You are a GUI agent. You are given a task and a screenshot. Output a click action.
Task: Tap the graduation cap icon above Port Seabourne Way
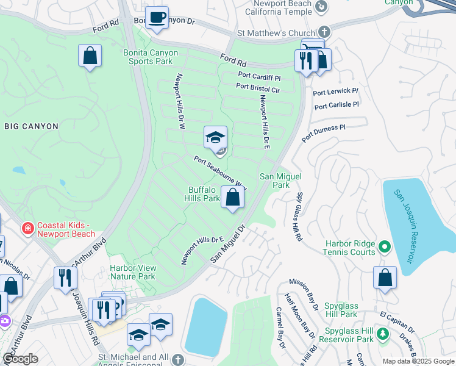click(x=215, y=138)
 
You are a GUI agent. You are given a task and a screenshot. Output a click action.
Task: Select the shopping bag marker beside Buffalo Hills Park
click(x=232, y=198)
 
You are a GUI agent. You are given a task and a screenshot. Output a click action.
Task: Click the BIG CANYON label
click(x=31, y=126)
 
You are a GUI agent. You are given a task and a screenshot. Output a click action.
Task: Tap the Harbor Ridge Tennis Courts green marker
click(x=384, y=247)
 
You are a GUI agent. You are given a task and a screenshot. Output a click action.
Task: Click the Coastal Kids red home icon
click(x=27, y=229)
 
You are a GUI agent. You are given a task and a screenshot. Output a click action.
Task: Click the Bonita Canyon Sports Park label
click(x=151, y=57)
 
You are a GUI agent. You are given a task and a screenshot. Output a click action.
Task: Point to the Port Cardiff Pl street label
click(x=259, y=77)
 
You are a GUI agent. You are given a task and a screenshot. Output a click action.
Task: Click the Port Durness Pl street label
click(x=324, y=130)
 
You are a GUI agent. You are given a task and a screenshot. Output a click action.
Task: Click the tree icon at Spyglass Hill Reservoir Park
click(x=383, y=334)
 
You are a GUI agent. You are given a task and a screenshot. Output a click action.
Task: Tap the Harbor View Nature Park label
click(x=133, y=272)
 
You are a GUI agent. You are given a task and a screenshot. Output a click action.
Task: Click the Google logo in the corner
click(x=20, y=359)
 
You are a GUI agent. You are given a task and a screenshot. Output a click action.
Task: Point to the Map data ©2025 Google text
click(x=418, y=361)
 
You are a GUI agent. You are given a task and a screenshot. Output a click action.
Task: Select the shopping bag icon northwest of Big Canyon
click(x=90, y=56)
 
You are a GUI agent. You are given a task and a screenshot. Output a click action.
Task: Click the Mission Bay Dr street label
click(x=304, y=295)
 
